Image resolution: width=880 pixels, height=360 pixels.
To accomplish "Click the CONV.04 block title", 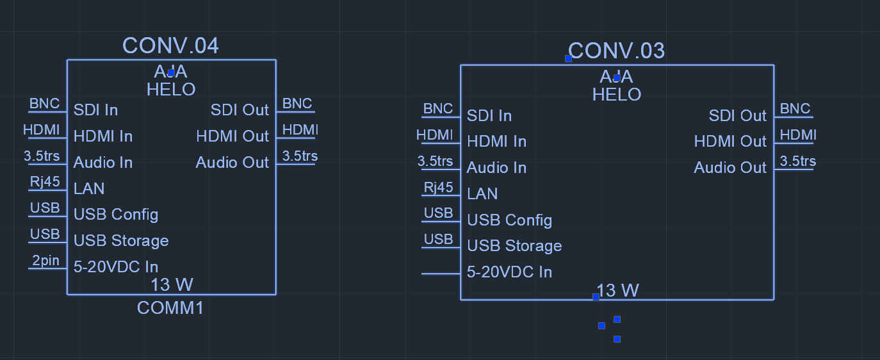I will point(170,45).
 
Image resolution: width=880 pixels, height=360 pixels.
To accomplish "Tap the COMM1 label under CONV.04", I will point(170,308).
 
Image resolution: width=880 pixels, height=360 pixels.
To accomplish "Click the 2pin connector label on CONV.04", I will point(45,260).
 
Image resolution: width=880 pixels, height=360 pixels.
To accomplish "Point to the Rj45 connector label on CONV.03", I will point(439,187).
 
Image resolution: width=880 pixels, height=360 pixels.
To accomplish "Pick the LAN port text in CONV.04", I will point(89,189).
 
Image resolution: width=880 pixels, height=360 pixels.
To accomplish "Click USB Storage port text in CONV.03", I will point(514,246).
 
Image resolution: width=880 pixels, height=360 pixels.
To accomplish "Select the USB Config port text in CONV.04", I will point(116,215).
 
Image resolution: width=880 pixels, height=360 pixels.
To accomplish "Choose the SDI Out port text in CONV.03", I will point(737,116).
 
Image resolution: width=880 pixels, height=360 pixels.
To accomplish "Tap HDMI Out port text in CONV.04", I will point(232,136).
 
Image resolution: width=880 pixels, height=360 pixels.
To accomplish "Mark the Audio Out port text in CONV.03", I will point(730,168).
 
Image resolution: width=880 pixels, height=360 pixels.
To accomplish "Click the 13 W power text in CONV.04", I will point(172,284).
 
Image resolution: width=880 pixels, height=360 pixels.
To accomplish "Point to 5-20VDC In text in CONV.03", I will point(509,272).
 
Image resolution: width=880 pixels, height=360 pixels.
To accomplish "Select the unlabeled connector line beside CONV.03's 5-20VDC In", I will point(441,274).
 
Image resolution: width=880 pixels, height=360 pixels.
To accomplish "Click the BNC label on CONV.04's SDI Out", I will point(297,104).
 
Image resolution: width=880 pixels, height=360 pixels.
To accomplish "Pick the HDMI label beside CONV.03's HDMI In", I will point(434,135).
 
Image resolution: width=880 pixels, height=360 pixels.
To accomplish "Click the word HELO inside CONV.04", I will point(171,90).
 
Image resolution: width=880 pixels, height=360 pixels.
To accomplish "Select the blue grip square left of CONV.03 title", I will point(568,58).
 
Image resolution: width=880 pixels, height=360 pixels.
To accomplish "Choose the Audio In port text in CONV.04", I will point(103,163).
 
